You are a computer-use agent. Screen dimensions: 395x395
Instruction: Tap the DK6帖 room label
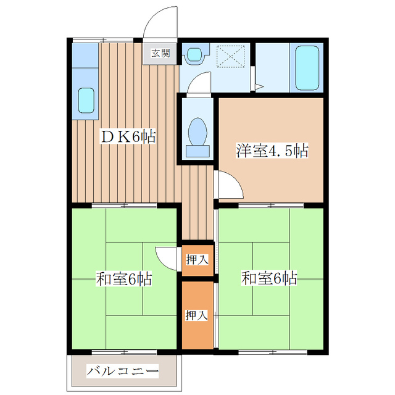tap(128, 137)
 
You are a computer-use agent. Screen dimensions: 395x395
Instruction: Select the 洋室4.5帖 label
tap(271, 150)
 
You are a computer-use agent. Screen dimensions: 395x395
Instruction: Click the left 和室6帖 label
tap(123, 279)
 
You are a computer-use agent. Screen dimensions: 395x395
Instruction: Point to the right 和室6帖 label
tap(269, 279)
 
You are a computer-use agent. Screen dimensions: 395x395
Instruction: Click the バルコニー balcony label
tap(122, 372)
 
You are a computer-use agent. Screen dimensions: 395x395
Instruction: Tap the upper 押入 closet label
tap(197, 259)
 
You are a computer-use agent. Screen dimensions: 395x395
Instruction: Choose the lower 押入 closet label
tap(197, 315)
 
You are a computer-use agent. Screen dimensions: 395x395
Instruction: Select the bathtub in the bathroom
tap(307, 68)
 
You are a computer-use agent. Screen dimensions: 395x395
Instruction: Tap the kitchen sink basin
tap(86, 100)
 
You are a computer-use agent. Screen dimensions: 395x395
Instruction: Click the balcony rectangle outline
tap(122, 372)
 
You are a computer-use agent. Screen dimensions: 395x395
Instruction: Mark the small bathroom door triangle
tap(260, 86)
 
